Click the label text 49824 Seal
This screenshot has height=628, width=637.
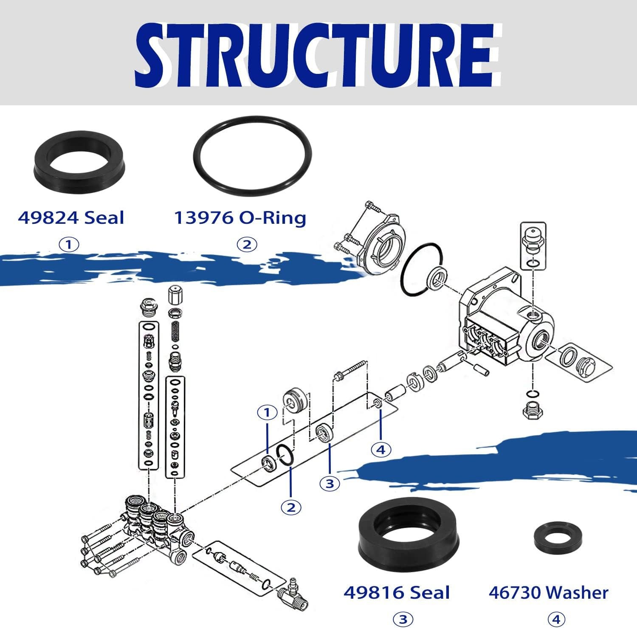click(71, 218)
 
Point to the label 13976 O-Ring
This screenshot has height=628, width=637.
click(240, 218)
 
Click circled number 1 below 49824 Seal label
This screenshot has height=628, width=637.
click(69, 245)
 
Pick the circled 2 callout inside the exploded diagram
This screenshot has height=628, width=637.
click(291, 507)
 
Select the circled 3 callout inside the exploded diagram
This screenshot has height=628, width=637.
click(330, 484)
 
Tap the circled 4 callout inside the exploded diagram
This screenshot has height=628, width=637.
click(381, 449)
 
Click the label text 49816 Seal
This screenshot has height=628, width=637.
click(396, 593)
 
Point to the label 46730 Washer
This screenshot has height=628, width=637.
click(548, 593)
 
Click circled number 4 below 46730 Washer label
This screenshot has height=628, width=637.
click(556, 619)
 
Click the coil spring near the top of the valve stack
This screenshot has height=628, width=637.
click(175, 333)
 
